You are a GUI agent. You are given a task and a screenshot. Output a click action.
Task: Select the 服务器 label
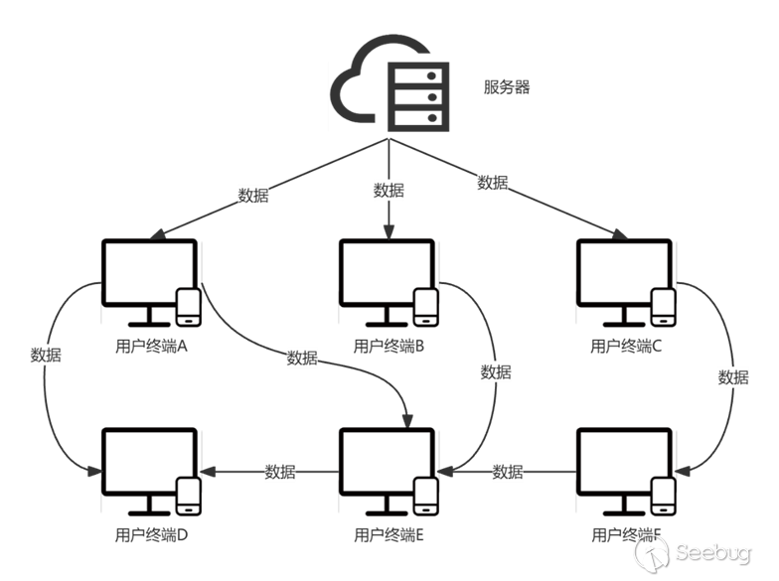(507, 86)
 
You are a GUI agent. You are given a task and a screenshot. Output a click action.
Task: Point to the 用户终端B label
(389, 347)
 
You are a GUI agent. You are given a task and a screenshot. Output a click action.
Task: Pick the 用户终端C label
(626, 347)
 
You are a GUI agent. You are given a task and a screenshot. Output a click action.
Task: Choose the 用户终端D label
(151, 535)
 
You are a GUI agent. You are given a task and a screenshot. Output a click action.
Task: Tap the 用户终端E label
(389, 535)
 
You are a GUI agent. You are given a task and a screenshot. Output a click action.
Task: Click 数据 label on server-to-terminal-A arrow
(253, 195)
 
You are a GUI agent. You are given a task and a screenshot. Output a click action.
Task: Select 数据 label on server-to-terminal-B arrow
(389, 190)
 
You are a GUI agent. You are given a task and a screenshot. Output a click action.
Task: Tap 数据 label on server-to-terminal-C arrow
(493, 183)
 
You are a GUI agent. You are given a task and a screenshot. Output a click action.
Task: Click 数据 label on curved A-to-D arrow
(46, 355)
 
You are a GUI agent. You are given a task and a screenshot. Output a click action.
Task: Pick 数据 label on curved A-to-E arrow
(302, 358)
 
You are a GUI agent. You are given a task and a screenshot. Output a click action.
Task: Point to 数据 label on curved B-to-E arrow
(496, 372)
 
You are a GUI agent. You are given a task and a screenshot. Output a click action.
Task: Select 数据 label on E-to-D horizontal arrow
(280, 472)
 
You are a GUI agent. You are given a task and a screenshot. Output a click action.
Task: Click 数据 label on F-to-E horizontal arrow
(508, 472)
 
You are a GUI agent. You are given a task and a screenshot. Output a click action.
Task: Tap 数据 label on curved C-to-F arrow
(733, 377)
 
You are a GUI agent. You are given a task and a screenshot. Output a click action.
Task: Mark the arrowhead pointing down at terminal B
(389, 231)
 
